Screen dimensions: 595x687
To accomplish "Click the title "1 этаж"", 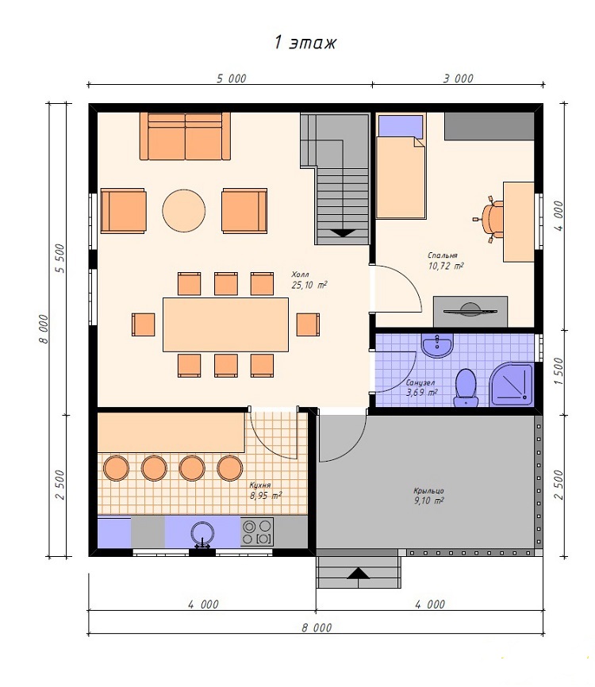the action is coord(305,43).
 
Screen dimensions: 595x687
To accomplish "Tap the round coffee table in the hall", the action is coord(183,210).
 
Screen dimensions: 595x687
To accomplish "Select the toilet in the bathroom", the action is coord(466,387).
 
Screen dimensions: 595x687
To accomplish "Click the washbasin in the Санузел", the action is coord(437,346).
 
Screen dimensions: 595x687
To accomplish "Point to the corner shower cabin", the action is coord(511,384).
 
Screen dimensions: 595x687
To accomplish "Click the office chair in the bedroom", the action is coord(489,218).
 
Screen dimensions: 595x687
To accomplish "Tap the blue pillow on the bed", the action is coord(401,126).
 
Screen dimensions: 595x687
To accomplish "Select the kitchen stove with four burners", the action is coord(257,532).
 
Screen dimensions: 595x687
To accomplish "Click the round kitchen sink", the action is coord(202,533).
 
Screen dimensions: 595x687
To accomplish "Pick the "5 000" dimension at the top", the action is coord(232,79).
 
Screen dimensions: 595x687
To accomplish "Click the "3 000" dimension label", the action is coord(459,79).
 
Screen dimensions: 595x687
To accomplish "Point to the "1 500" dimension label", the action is coord(559,371).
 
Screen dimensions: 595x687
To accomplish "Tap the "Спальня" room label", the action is coord(443,255).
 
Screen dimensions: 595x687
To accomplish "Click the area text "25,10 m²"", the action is coord(309,286).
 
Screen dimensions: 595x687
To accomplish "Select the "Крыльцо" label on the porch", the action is coord(428,491).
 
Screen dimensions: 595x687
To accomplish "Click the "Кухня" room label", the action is coord(260,485).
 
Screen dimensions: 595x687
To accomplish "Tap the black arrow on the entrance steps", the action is coord(359,573).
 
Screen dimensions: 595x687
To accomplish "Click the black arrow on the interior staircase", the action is coord(343,233).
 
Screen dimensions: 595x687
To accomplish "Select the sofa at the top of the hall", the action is coord(185,136).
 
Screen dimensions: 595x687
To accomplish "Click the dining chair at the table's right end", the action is coord(308,324).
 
